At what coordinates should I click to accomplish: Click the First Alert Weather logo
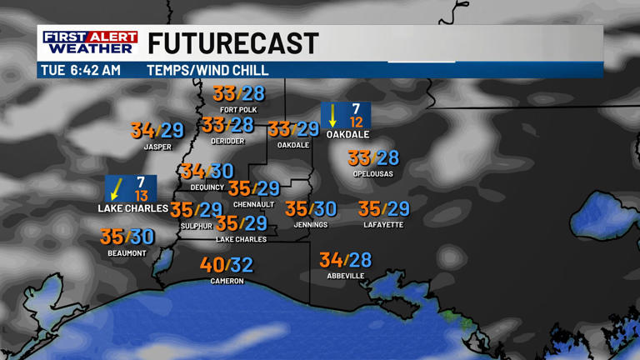pos(90,42)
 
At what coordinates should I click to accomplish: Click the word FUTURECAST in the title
pos(233,43)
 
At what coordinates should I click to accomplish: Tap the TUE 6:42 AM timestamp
pos(81,71)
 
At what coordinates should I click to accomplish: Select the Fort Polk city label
pos(238,109)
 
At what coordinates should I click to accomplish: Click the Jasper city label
pos(157,147)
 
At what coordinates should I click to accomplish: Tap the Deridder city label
pos(227,142)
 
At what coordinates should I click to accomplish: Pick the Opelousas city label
pos(372,174)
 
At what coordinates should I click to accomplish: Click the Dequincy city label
pos(207,187)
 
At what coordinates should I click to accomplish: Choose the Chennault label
pos(254,205)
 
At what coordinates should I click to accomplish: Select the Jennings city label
pos(311,225)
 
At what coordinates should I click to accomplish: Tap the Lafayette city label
pos(383,225)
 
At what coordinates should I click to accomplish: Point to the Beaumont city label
pos(127,253)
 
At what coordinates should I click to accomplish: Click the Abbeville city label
pos(345,276)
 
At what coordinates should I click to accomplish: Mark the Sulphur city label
pos(197,226)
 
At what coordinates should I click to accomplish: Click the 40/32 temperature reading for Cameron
pos(226,265)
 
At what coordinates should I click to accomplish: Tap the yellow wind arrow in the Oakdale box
pos(333,115)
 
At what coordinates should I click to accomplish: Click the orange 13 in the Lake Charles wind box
pos(141,196)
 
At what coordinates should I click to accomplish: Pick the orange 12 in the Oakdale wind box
pos(357,122)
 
